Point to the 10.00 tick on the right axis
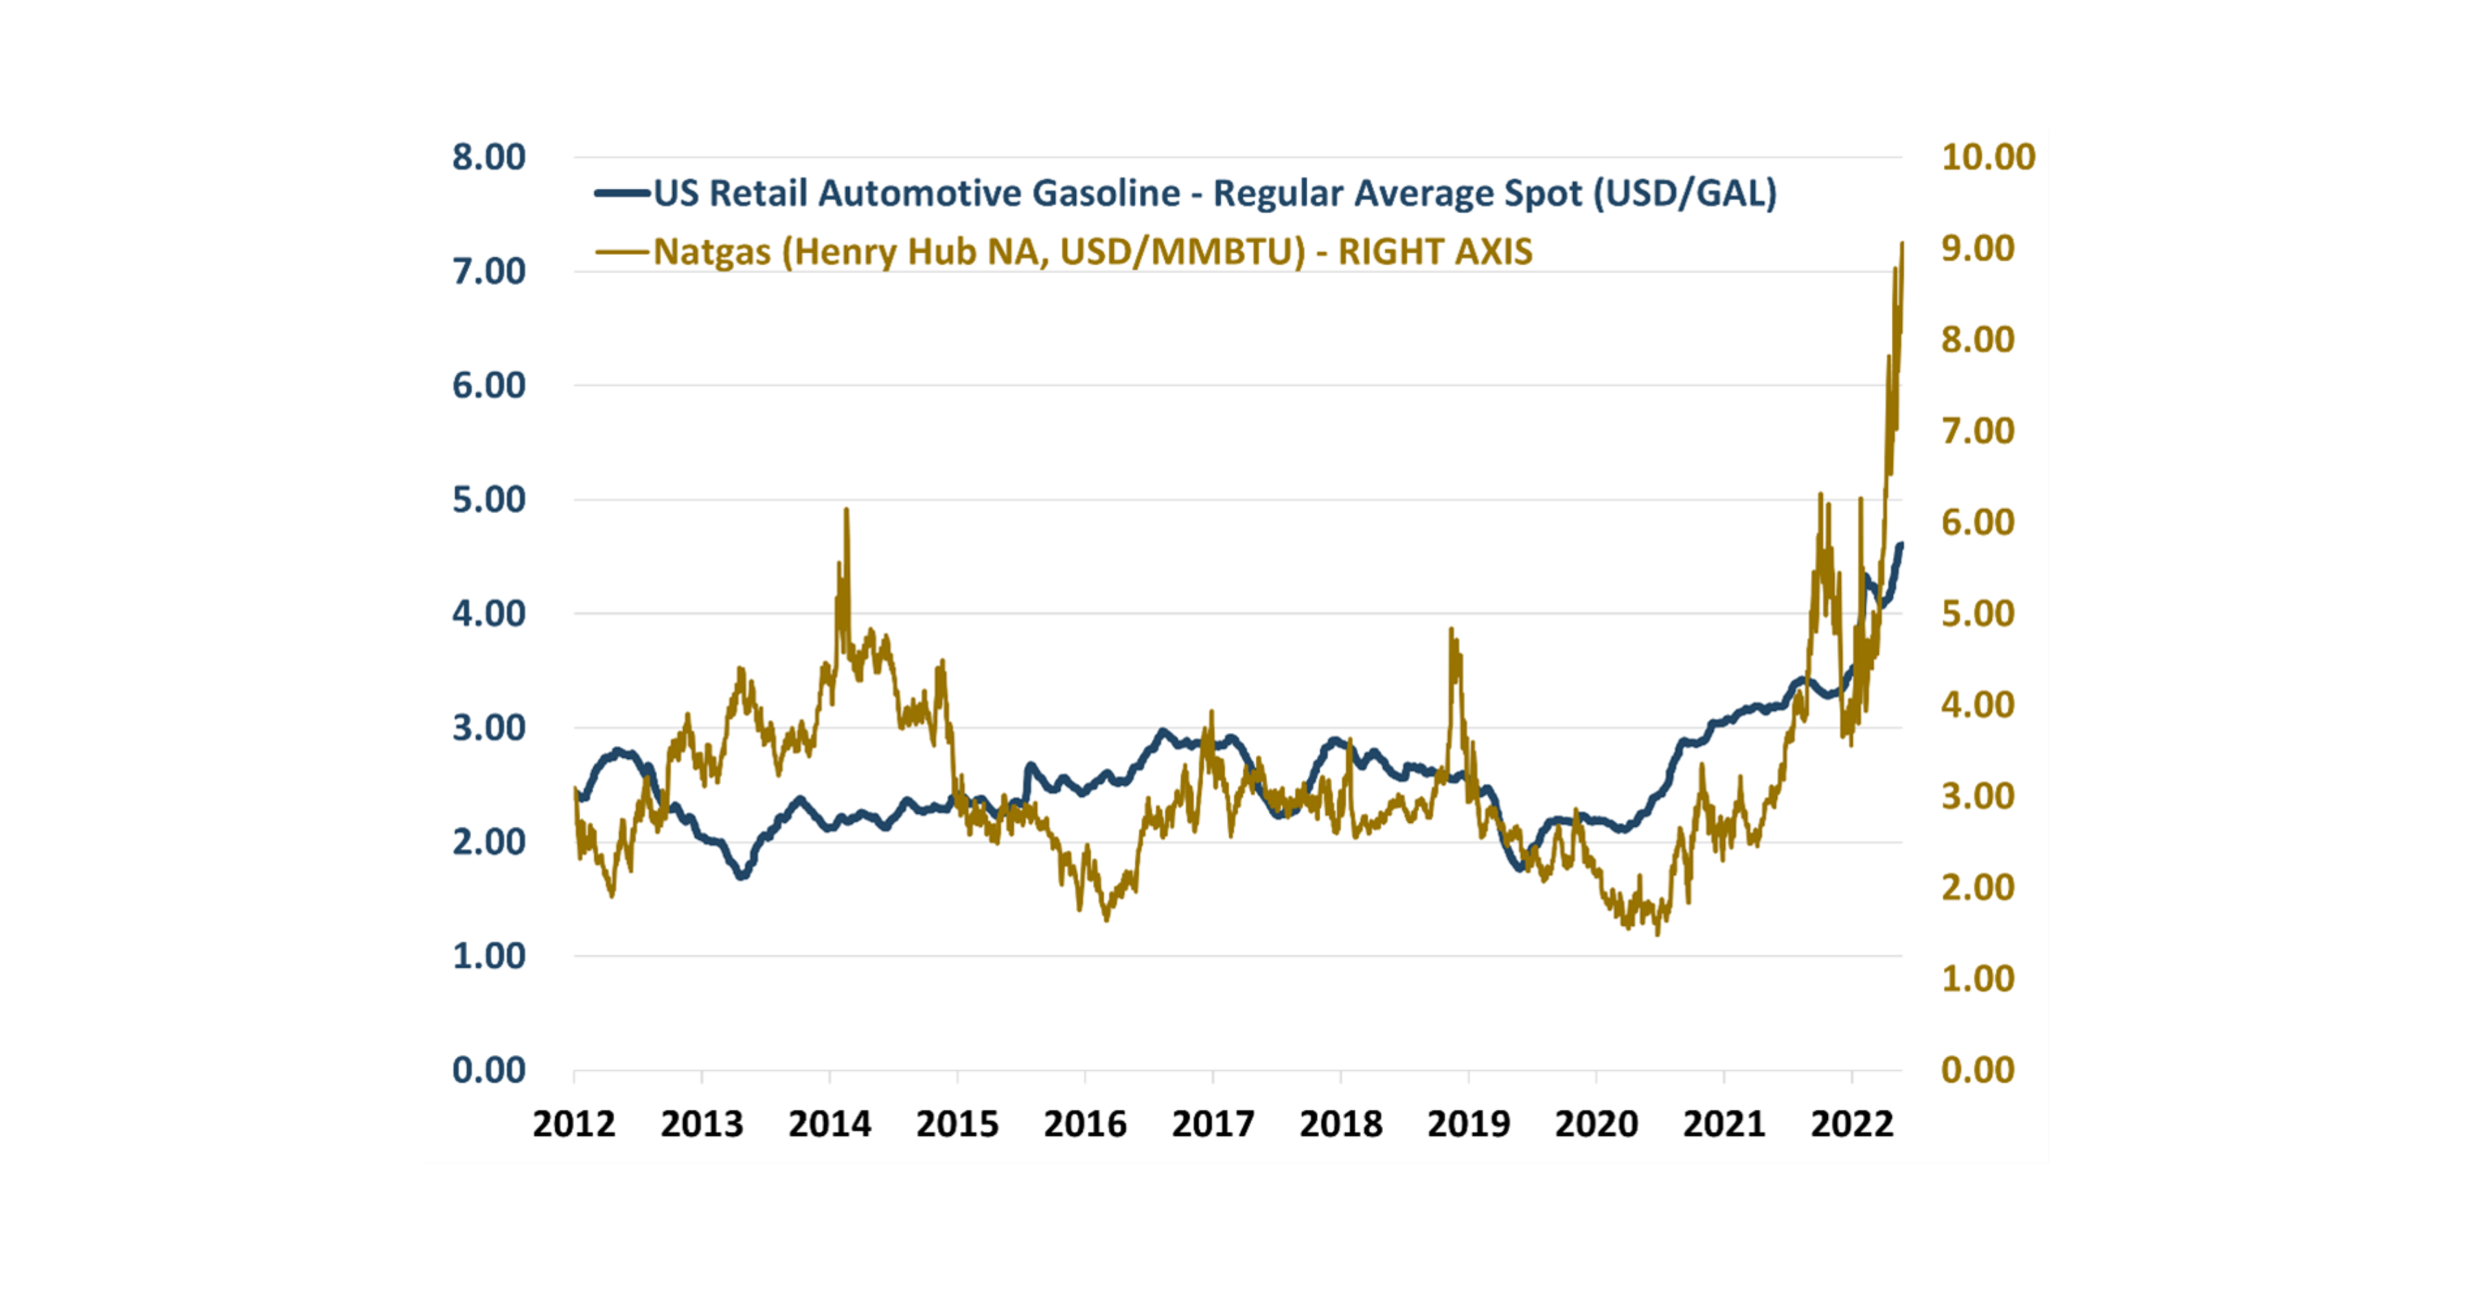[1987, 157]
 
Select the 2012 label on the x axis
[574, 1124]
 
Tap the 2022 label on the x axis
[1851, 1124]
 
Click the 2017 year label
[1213, 1124]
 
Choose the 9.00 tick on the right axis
[1977, 249]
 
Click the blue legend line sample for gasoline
[622, 194]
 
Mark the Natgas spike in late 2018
[1451, 630]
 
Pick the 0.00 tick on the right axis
[1977, 1070]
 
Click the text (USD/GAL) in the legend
[1685, 194]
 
